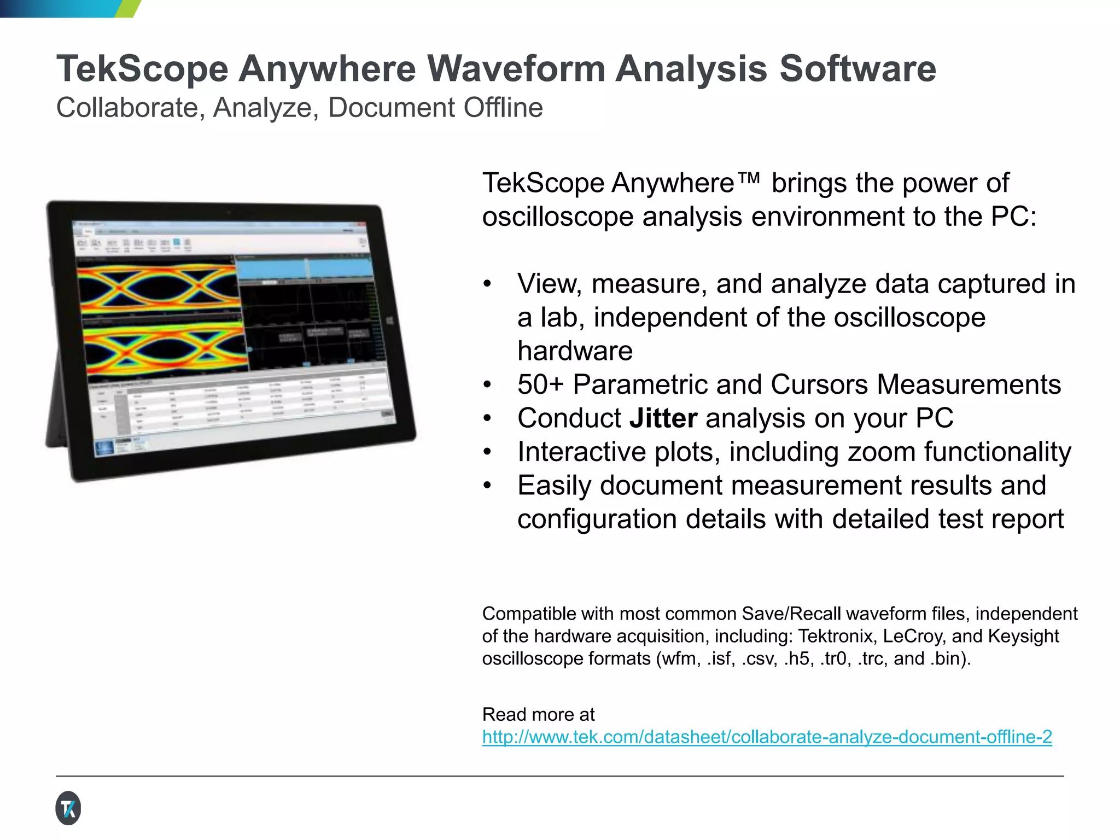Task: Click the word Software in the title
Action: pyautogui.click(x=857, y=69)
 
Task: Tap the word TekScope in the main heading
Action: pyautogui.click(x=142, y=69)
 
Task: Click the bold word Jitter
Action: pyautogui.click(x=663, y=419)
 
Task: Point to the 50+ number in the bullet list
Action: pyautogui.click(x=540, y=385)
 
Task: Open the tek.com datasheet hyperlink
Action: pyautogui.click(x=767, y=737)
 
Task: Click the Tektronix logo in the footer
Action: pyautogui.click(x=68, y=808)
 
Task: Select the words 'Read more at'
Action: pyautogui.click(x=538, y=715)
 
